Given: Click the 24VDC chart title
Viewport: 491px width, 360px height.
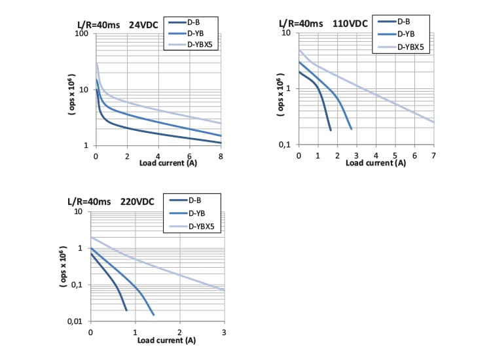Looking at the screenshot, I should [116, 26].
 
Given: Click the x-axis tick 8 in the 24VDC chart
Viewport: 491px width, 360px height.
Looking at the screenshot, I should [221, 156].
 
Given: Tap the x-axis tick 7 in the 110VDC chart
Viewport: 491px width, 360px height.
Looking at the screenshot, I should [433, 155].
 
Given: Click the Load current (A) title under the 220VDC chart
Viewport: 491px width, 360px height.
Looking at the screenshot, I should [166, 340].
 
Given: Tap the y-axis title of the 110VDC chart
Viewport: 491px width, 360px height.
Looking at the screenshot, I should [280, 97].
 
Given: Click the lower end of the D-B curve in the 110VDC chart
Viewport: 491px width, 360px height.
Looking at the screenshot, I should [330, 130].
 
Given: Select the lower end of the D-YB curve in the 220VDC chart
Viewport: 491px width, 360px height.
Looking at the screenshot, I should [153, 315].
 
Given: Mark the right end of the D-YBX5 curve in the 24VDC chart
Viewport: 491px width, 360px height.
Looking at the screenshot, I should [221, 123].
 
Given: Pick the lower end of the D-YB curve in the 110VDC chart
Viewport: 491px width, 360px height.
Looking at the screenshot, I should [351, 128].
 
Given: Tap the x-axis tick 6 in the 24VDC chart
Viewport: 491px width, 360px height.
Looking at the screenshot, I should [190, 156].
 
